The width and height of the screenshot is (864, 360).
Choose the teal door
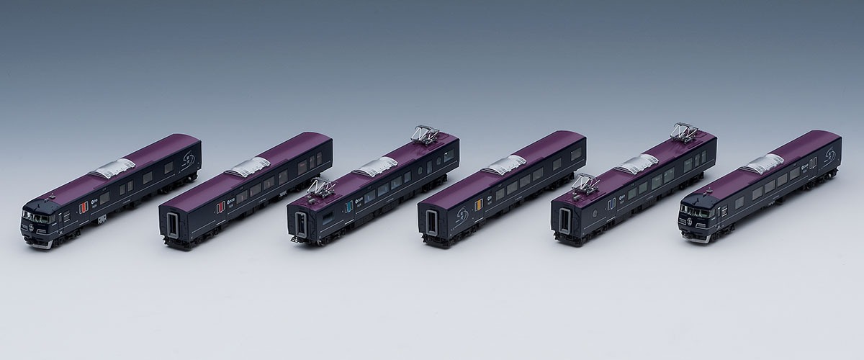click(x=349, y=208)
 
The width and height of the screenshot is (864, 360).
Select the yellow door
click(x=477, y=208)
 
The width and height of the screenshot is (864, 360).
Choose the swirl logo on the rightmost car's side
click(x=829, y=152)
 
